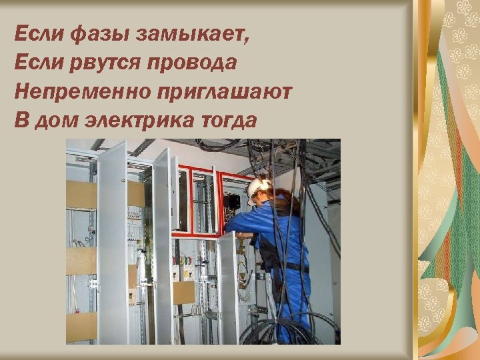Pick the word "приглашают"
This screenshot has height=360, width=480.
222,91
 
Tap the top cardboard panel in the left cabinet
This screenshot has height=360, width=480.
81,194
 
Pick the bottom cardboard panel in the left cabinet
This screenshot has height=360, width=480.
81,327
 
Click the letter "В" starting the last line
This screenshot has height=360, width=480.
21,121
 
